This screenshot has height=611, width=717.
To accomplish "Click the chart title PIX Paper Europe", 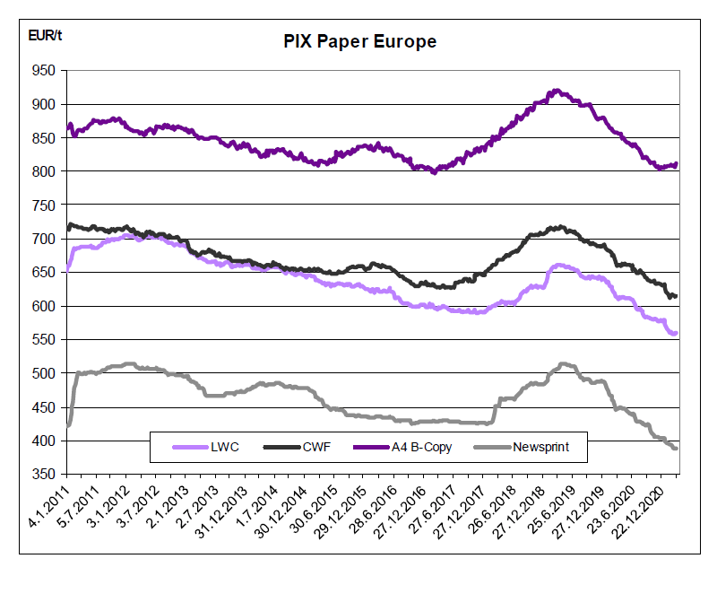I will pyautogui.click(x=359, y=41).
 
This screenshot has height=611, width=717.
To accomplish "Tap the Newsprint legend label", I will pyautogui.click(x=541, y=447).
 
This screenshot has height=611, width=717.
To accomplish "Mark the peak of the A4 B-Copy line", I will pyautogui.click(x=557, y=91).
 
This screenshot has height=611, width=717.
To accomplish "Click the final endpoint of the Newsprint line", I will pyautogui.click(x=676, y=448).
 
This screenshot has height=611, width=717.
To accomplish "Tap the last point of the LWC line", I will pyautogui.click(x=676, y=333).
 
